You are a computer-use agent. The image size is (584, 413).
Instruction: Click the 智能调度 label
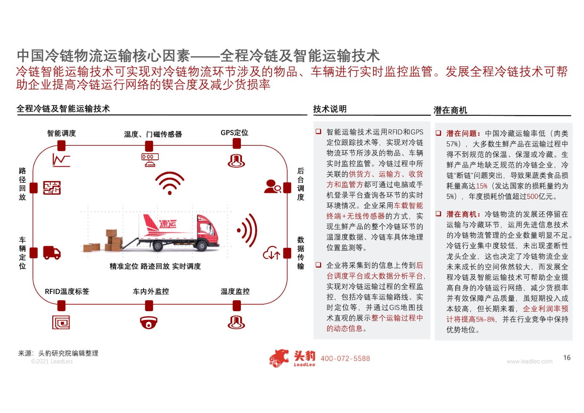pyautogui.click(x=62, y=133)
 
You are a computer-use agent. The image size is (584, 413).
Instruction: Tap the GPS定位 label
pyautogui.click(x=234, y=133)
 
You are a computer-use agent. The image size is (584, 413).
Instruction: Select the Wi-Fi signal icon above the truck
pyautogui.click(x=170, y=183)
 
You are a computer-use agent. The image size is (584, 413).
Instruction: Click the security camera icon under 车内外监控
pyautogui.click(x=149, y=322)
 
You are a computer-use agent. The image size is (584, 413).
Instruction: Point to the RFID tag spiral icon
pyautogui.click(x=61, y=322)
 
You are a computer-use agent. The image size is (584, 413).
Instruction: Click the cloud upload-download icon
pyautogui.click(x=272, y=253)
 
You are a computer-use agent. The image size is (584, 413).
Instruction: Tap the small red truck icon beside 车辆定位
pyautogui.click(x=52, y=253)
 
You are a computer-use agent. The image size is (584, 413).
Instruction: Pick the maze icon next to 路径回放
pyautogui.click(x=52, y=188)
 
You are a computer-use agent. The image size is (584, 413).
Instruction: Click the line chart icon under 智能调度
pyautogui.click(x=61, y=160)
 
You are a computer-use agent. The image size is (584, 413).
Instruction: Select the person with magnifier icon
pyautogui.click(x=272, y=186)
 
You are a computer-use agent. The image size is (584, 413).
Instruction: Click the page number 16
pyautogui.click(x=567, y=357)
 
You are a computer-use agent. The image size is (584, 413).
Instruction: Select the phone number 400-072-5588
pyautogui.click(x=345, y=359)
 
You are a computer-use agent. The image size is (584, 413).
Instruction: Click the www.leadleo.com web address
pyautogui.click(x=530, y=362)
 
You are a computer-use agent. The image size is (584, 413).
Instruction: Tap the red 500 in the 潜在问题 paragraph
pyautogui.click(x=533, y=196)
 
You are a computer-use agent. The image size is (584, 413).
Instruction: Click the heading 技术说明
pyautogui.click(x=330, y=109)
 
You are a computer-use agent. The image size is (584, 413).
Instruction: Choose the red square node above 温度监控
pyautogui.click(x=237, y=306)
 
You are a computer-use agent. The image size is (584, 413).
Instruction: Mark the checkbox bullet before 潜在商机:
pyautogui.click(x=438, y=214)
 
